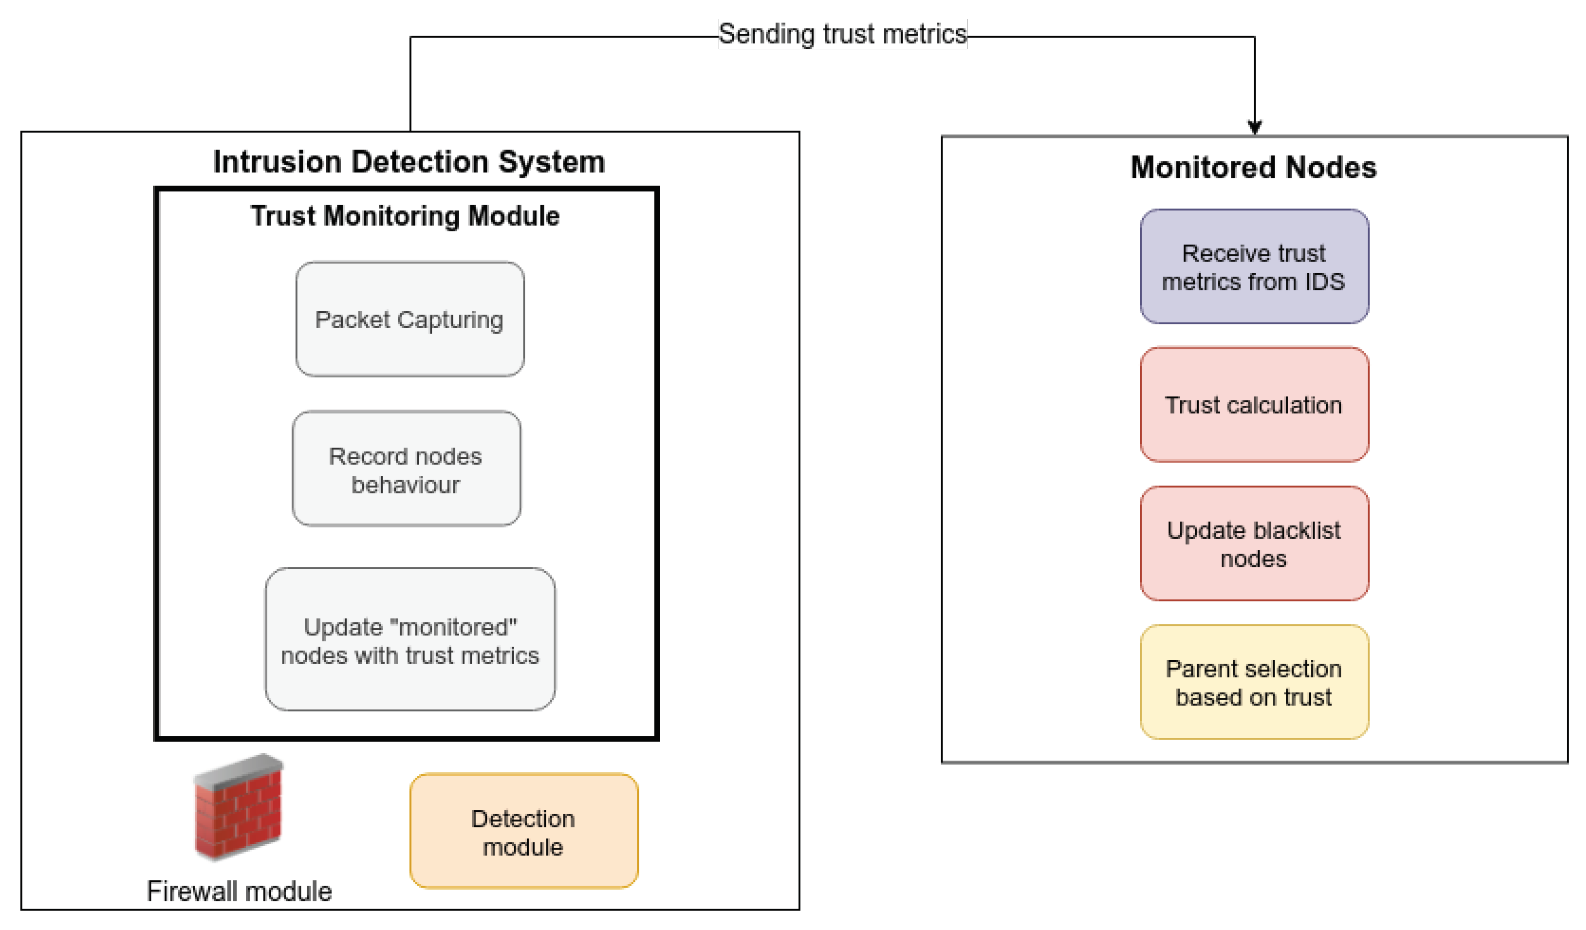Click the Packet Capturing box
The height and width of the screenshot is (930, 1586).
point(410,319)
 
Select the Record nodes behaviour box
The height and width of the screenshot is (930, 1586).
point(406,469)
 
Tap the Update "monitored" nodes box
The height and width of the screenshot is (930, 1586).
point(410,639)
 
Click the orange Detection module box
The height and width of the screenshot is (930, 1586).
point(524,831)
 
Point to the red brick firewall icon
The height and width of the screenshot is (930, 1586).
point(239,807)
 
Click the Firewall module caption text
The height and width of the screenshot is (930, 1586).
point(239,891)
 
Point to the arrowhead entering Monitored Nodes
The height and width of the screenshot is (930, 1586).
point(1254,128)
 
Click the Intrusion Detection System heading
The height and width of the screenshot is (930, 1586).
point(409,162)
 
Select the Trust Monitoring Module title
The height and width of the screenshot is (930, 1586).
point(405,216)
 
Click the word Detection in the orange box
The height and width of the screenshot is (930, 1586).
point(522,819)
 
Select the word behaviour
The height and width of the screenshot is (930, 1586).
point(405,485)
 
